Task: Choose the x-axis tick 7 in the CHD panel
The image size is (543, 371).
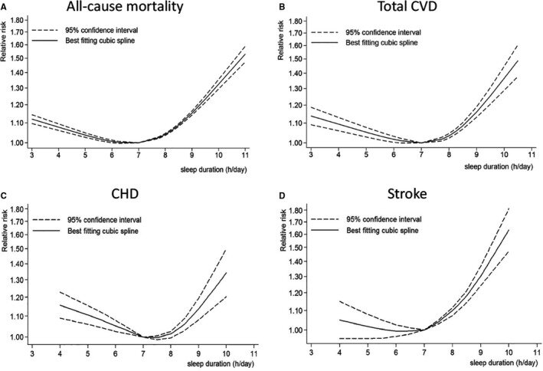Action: (143, 355)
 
